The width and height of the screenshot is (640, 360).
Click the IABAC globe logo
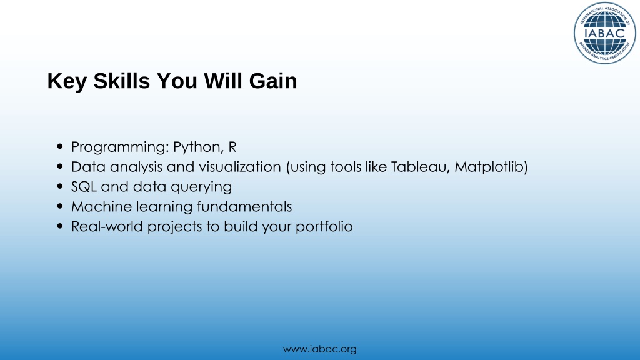[x=604, y=33]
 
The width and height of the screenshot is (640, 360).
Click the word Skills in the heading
[x=122, y=81]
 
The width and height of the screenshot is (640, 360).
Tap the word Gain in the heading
[x=273, y=81]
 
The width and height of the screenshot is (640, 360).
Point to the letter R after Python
[x=232, y=146]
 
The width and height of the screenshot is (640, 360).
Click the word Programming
[x=120, y=147]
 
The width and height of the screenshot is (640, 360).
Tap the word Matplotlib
[x=489, y=167]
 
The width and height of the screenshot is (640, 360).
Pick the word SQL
[x=84, y=186]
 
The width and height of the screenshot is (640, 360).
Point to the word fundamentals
[x=244, y=206]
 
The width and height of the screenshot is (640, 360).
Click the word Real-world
[x=107, y=226]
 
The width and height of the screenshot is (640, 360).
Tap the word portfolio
[x=324, y=227]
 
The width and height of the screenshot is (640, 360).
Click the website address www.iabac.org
[x=319, y=349]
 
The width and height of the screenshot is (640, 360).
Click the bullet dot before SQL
[x=61, y=186]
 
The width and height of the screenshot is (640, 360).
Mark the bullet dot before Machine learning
[x=61, y=206]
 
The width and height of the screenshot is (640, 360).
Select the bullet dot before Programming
[x=61, y=146]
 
